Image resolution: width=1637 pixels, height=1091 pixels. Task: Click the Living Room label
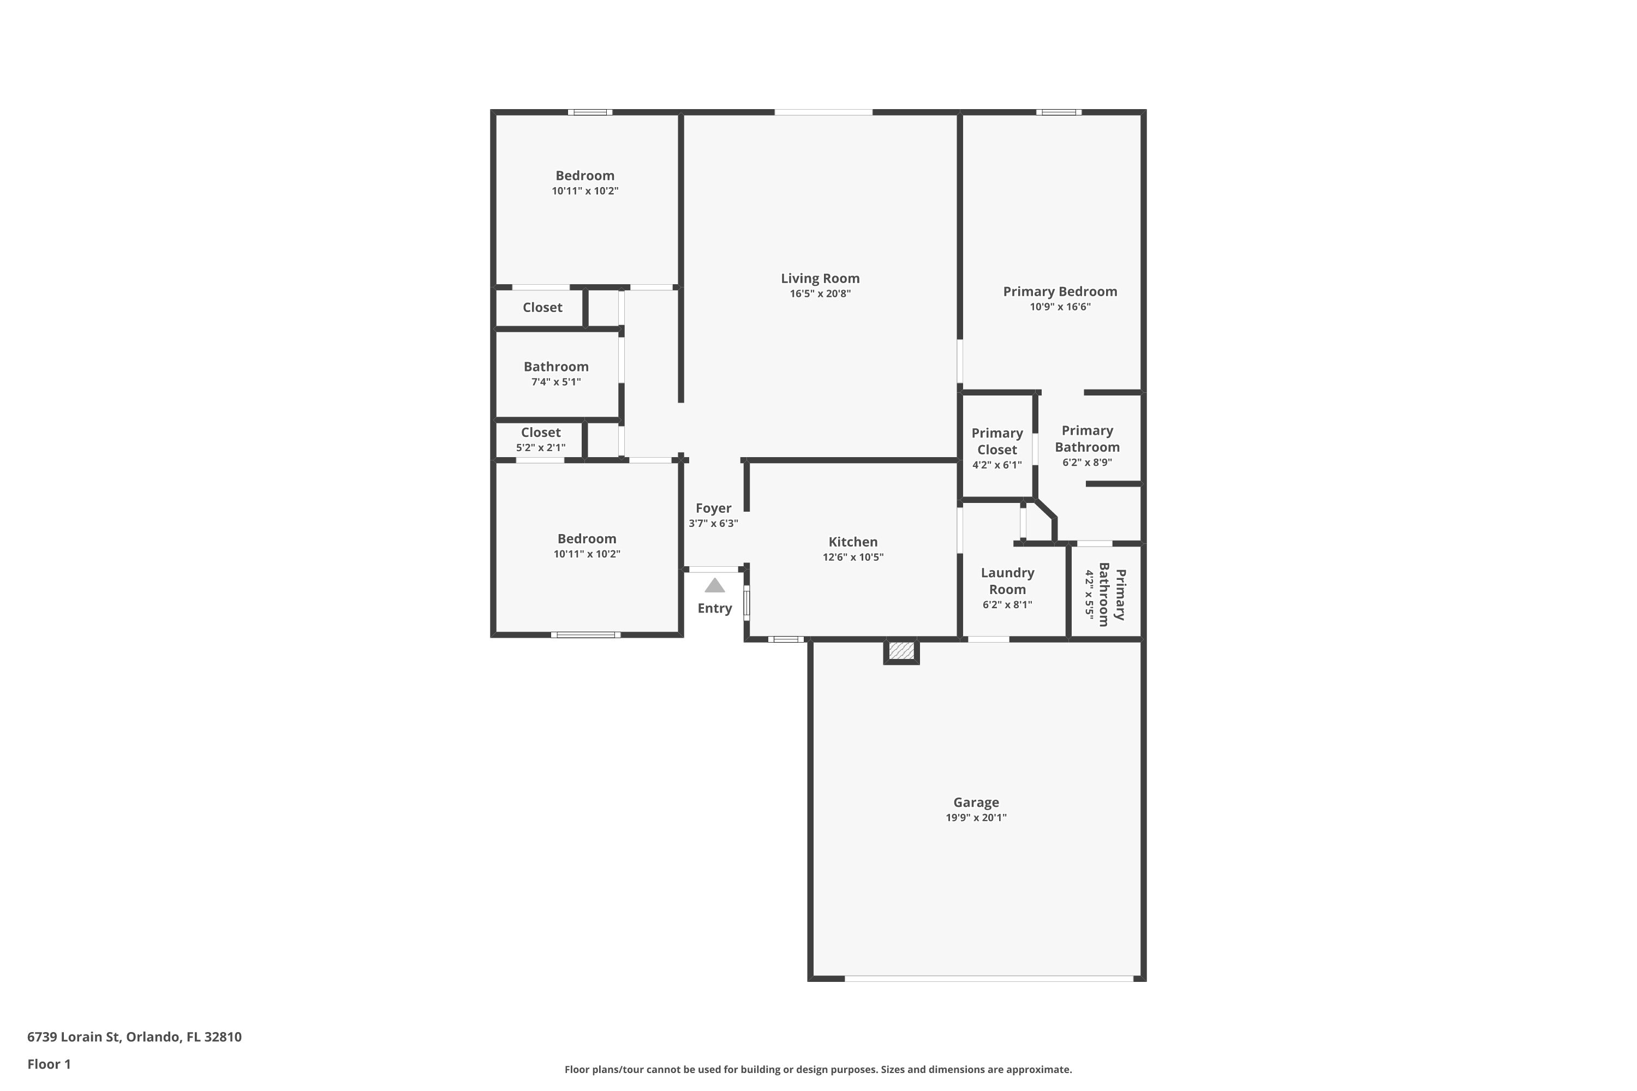(820, 278)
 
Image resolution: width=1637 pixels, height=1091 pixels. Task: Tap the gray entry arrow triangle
(715, 586)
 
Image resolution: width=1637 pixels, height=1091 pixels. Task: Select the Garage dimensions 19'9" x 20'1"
(976, 818)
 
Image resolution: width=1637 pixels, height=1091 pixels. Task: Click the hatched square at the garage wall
(901, 651)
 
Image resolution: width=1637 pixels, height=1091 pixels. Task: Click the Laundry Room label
(1007, 581)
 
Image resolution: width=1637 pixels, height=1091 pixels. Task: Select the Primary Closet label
(997, 441)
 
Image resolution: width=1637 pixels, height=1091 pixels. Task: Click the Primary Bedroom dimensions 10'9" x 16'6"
(1060, 307)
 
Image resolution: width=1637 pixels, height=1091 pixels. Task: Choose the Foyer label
(713, 508)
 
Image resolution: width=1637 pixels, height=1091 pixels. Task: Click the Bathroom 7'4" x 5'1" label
(556, 373)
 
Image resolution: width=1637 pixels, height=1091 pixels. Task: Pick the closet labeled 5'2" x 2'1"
(541, 439)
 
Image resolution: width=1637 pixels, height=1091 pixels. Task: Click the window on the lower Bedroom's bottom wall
(586, 634)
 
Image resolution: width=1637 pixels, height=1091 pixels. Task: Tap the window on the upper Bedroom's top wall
(589, 112)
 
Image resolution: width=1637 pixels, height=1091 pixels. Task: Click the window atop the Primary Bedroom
(1059, 112)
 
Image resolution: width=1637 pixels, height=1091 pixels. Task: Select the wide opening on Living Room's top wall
(823, 112)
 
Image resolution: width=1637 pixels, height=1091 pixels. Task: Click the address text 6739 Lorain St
(134, 1037)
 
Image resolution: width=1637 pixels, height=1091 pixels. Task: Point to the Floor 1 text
(49, 1064)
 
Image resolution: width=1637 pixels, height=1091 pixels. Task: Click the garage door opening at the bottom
(988, 978)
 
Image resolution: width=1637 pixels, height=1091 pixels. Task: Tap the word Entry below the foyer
(715, 608)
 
